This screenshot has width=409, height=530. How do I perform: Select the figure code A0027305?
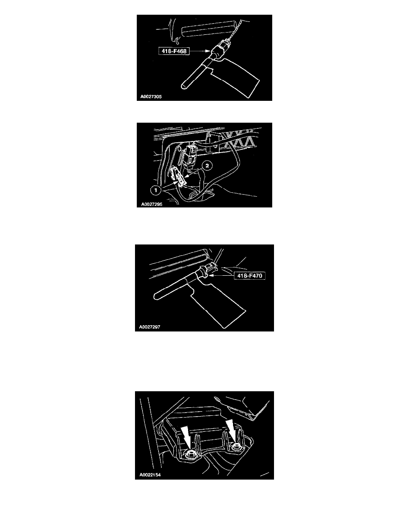[x=152, y=95]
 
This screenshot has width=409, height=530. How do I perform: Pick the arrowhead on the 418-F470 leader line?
[x=217, y=276]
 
